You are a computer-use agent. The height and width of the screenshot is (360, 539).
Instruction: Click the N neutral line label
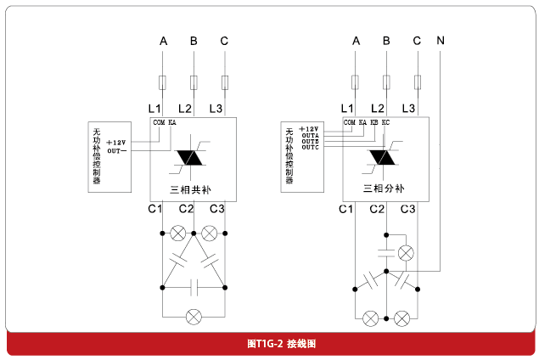(x=440, y=41)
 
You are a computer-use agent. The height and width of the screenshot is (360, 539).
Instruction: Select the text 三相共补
(x=193, y=188)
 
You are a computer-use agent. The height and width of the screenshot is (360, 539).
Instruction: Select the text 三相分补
(x=385, y=188)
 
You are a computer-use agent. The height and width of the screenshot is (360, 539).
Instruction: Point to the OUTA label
(x=310, y=135)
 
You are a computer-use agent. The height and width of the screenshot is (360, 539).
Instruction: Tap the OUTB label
(x=310, y=141)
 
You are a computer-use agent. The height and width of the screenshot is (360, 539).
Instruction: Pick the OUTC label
(x=310, y=147)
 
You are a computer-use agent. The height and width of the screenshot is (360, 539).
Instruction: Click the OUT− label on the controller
(x=117, y=149)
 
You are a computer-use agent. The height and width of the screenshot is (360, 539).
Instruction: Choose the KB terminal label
(x=374, y=122)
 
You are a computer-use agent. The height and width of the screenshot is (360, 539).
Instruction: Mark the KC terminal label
(x=385, y=122)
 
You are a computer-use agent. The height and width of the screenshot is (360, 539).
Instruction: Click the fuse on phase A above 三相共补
(x=162, y=82)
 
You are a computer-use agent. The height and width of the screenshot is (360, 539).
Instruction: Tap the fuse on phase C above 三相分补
(x=418, y=82)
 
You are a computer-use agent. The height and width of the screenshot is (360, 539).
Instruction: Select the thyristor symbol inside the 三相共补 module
(x=192, y=158)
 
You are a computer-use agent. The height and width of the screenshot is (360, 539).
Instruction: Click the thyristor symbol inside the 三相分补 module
(x=384, y=158)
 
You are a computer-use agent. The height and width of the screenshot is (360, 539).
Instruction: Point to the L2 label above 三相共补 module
(x=186, y=109)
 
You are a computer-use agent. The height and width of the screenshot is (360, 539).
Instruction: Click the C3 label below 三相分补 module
(x=408, y=209)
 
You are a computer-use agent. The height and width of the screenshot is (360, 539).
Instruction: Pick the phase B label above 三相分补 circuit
(x=386, y=41)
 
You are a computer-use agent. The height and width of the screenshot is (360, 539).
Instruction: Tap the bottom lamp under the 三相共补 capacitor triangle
(x=194, y=316)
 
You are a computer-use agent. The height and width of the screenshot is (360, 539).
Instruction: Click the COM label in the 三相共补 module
(x=158, y=122)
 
